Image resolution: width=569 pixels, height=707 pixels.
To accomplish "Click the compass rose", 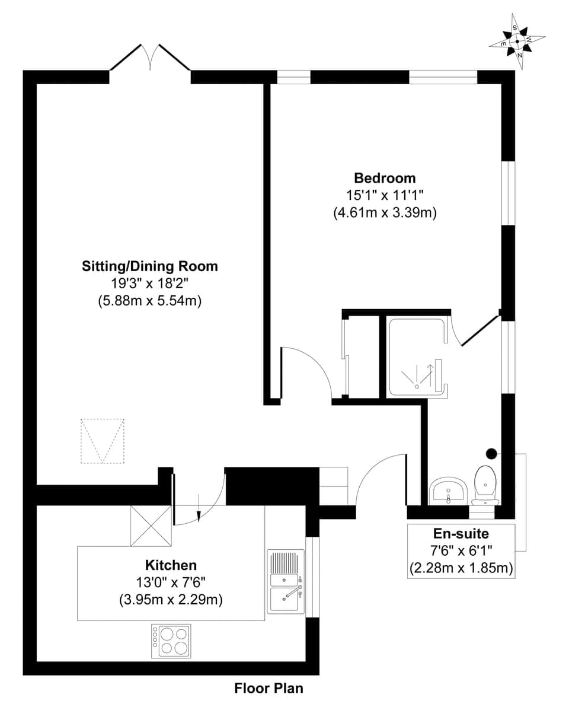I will (517, 42).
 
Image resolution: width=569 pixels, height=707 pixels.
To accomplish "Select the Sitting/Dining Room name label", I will (150, 266).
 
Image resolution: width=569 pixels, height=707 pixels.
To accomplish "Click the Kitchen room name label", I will (171, 565).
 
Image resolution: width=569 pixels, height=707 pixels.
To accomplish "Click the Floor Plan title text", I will (268, 688).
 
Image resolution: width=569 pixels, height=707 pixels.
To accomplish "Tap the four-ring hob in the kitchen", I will (171, 641).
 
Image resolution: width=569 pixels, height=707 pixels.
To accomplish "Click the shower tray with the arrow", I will (416, 357).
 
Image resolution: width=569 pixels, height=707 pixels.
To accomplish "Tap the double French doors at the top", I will (150, 59).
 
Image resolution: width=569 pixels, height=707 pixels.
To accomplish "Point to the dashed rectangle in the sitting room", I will (103, 441).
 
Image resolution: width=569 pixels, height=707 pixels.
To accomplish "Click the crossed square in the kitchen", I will (151, 526).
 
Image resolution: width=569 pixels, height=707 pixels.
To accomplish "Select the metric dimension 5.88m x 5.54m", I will (150, 301).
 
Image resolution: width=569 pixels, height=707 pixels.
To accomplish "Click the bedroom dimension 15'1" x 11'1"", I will (385, 195).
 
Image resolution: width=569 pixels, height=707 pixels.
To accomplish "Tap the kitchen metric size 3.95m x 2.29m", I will (171, 600).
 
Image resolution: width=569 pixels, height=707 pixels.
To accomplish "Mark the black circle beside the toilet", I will (491, 454).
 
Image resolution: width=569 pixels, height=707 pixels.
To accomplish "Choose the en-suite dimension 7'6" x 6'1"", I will (461, 551).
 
